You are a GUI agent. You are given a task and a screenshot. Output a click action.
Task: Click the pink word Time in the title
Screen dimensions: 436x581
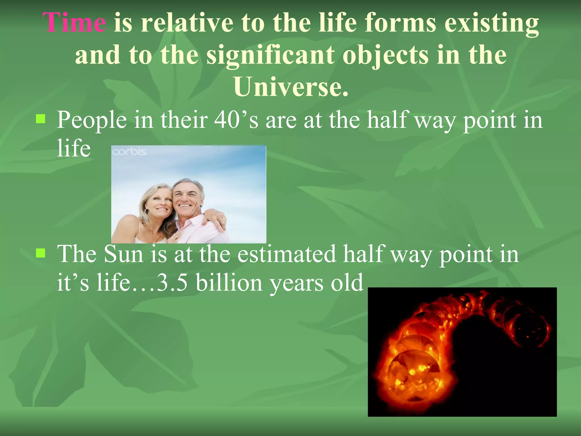point(74,23)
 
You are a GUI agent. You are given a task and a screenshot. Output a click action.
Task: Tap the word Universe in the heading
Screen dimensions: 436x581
point(291,87)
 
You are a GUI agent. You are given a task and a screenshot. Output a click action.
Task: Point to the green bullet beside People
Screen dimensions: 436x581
point(41,119)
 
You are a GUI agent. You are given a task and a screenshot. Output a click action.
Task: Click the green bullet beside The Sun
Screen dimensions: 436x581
point(41,253)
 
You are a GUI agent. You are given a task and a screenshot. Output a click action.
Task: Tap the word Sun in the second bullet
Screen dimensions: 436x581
point(123,254)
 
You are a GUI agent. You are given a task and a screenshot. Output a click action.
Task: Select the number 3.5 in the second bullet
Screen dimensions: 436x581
point(172,283)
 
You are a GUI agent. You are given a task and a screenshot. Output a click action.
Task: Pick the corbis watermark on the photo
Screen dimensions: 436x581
point(129,152)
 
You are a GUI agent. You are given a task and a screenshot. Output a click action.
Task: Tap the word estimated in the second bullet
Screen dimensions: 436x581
point(286,254)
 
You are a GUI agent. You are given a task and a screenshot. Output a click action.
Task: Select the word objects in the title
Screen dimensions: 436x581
point(386,55)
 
